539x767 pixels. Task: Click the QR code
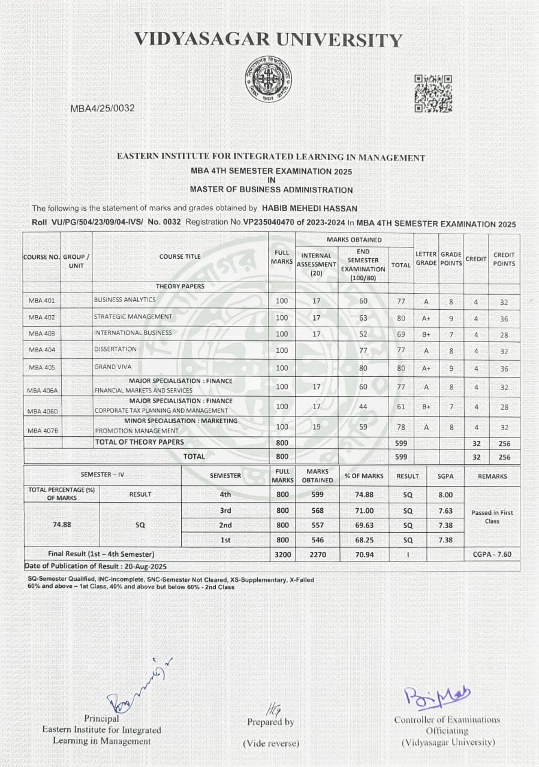tap(433, 93)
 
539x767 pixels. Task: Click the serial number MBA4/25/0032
tap(103, 108)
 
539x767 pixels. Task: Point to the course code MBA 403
tap(41, 333)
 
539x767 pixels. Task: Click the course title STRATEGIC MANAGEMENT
tap(133, 316)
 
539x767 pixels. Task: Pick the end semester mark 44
tap(363, 407)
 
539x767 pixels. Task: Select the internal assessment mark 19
tap(317, 427)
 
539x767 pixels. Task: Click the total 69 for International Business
tap(401, 334)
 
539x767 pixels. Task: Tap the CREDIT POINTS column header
tap(504, 259)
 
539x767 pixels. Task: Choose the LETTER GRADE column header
tap(426, 259)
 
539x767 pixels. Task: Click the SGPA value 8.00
tap(445, 495)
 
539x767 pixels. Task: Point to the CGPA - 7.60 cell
tap(492, 554)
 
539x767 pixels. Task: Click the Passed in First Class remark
tap(492, 517)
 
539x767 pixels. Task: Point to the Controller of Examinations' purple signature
tap(438, 697)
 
